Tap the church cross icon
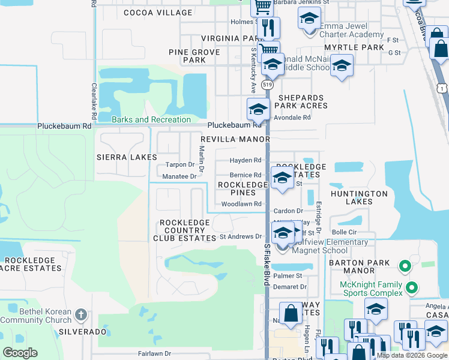pyautogui.click(x=82, y=314)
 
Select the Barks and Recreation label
pyautogui.click(x=151, y=119)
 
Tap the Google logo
pyautogui.click(x=20, y=353)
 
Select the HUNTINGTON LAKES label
pyautogui.click(x=359, y=198)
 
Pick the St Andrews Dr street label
pyautogui.click(x=241, y=236)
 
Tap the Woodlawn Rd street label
pyautogui.click(x=241, y=204)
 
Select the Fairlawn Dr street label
pyautogui.click(x=155, y=354)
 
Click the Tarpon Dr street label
pyautogui.click(x=179, y=164)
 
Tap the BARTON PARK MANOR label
pyautogui.click(x=360, y=267)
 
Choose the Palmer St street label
pyautogui.click(x=288, y=276)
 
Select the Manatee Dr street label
pyautogui.click(x=179, y=176)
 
